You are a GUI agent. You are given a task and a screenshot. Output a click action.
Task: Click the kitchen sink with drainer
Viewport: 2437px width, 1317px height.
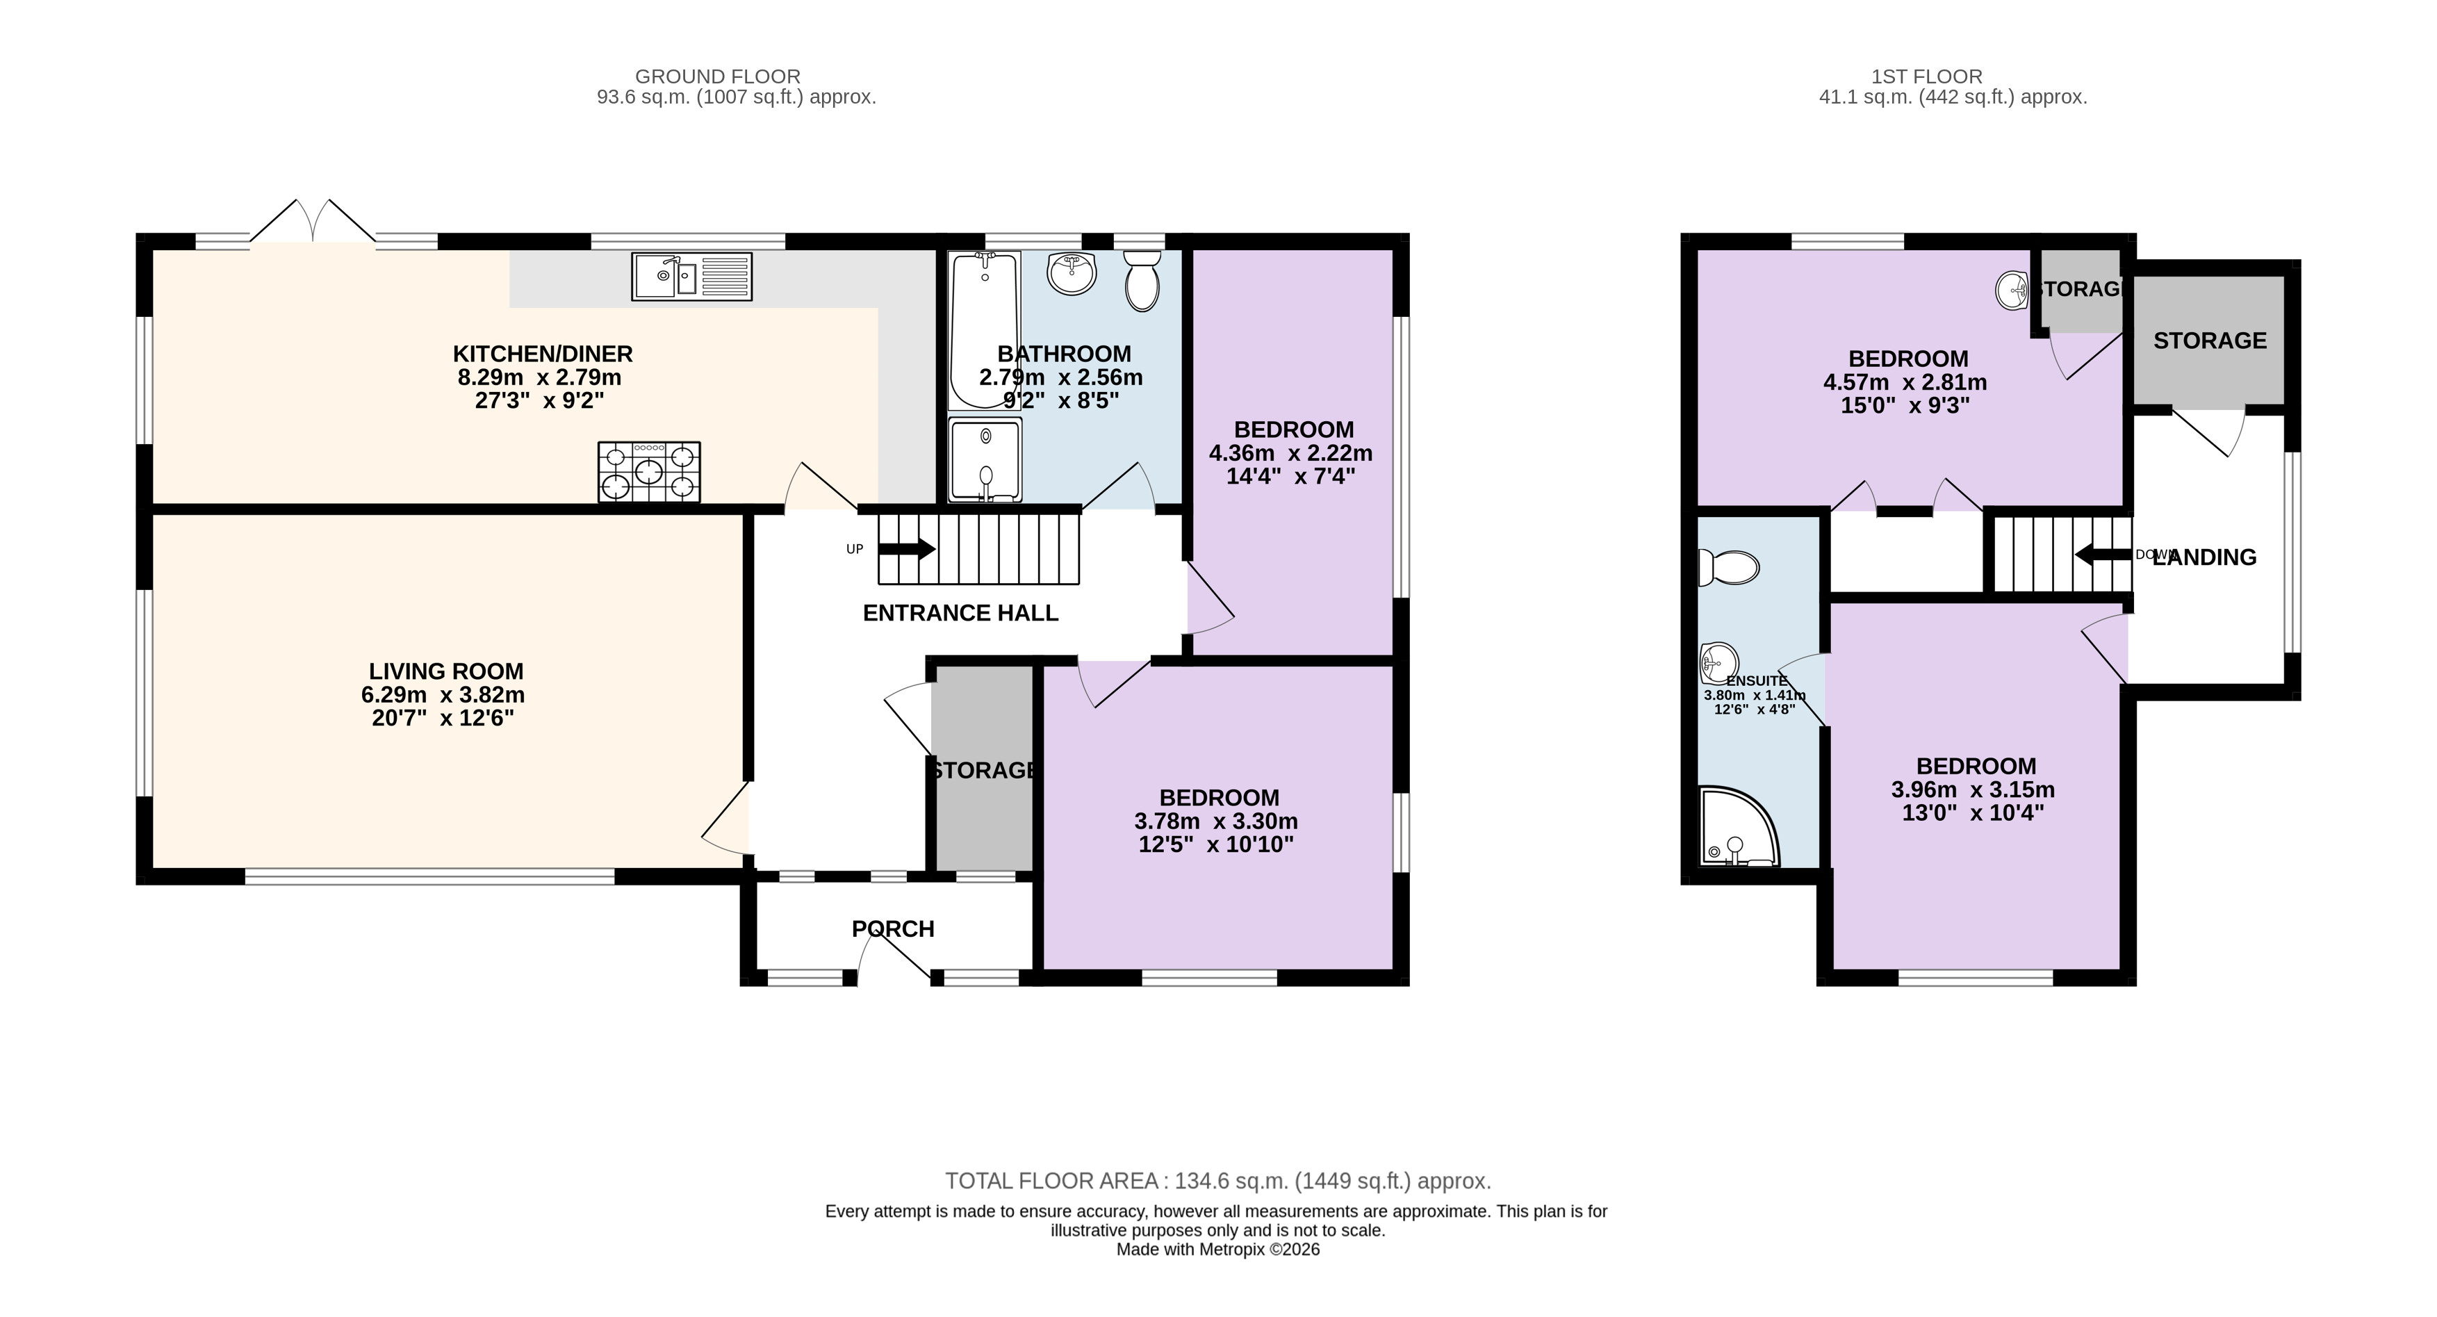(x=691, y=277)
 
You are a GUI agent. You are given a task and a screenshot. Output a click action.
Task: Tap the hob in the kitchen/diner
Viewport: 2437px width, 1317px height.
(x=649, y=471)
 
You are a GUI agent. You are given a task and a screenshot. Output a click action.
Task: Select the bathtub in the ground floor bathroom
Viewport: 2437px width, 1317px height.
(x=985, y=329)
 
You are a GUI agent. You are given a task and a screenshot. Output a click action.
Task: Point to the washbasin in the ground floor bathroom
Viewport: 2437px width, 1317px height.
(x=1072, y=272)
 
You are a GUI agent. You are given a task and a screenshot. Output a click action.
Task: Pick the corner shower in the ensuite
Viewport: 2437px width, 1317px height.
(x=1739, y=827)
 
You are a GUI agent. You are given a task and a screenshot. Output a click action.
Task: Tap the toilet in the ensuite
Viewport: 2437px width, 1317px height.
(x=1728, y=566)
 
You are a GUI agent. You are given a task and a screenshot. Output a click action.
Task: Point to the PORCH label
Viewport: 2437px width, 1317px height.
(x=893, y=929)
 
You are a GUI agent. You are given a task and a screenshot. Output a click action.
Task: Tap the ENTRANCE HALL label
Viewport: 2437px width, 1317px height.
(x=960, y=613)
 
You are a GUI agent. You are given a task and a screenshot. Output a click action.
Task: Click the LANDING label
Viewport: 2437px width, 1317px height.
(x=2204, y=557)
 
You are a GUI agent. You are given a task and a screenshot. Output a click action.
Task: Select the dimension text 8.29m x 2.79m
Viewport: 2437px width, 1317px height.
(x=539, y=377)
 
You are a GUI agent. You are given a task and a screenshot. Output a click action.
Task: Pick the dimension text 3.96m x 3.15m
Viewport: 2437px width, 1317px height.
(x=1973, y=790)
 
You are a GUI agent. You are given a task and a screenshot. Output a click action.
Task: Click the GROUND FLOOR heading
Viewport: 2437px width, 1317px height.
(x=718, y=76)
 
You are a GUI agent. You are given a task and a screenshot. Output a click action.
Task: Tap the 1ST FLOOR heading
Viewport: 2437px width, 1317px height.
(x=1926, y=76)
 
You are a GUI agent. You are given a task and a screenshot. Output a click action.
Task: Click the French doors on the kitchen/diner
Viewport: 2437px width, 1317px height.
(x=312, y=222)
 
